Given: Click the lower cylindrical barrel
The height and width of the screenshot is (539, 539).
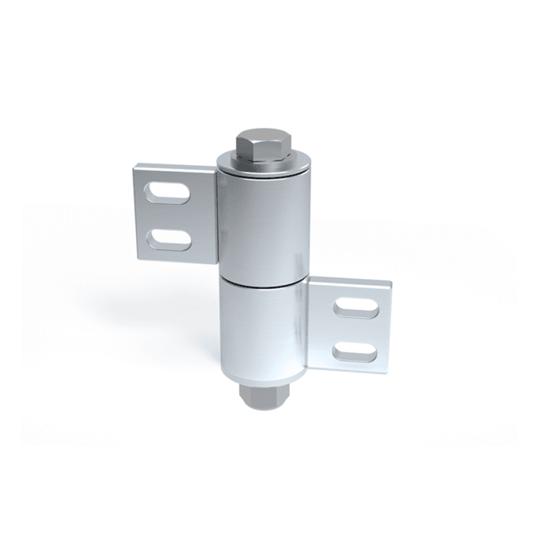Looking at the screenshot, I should tap(263, 330).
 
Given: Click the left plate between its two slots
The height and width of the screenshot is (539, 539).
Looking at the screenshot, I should tap(168, 216).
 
